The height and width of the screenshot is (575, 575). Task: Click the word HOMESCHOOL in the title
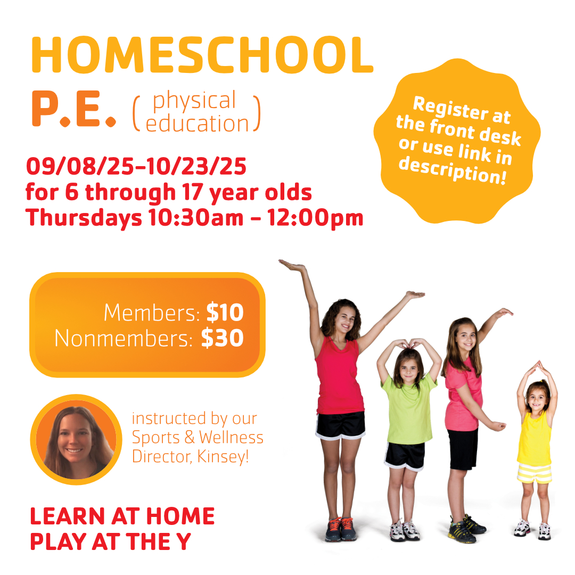[x=202, y=55]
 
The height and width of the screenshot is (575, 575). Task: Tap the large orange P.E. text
[x=74, y=109]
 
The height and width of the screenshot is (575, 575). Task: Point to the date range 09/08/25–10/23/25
[x=136, y=166]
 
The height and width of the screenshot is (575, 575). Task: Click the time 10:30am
[x=196, y=218]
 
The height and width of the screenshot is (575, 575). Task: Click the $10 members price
[x=225, y=313]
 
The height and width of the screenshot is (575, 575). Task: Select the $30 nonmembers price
[x=222, y=338]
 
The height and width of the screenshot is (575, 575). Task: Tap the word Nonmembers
[x=123, y=338]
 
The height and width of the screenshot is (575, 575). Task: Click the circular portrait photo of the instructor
[x=76, y=440]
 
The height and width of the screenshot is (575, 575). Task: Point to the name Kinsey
[x=223, y=457]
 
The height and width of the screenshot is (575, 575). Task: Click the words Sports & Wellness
[x=198, y=438]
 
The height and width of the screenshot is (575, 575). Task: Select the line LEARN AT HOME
[x=122, y=516]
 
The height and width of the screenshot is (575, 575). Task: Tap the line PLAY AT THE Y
[x=110, y=541]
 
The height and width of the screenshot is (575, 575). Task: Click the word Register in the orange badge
[x=450, y=108]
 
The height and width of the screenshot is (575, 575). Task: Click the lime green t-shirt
[x=408, y=407]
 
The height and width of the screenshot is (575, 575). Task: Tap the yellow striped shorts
[x=535, y=473]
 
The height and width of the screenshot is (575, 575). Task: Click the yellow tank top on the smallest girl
[x=535, y=439]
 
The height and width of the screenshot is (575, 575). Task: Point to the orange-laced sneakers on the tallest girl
[x=341, y=529]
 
